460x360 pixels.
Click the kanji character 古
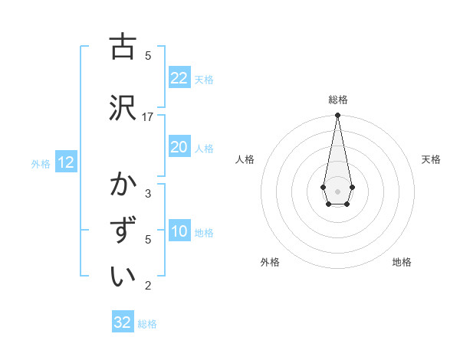point(123,47)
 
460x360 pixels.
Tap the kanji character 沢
point(123,107)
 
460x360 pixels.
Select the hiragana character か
point(123,185)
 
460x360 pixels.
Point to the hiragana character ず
point(123,231)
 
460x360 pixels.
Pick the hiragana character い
point(123,277)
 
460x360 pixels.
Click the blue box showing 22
point(179,78)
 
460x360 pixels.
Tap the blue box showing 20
point(179,147)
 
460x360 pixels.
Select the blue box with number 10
point(179,232)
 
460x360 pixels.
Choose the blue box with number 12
point(66,162)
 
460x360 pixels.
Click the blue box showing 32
point(123,322)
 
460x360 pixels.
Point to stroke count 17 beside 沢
point(148,117)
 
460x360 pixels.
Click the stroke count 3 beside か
point(148,193)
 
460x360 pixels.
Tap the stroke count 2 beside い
point(148,286)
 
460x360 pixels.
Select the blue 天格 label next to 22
point(204,79)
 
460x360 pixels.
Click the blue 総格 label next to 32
point(147,324)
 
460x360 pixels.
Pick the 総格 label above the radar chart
point(337,100)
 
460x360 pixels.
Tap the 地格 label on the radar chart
point(402,262)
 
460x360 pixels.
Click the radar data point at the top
point(337,116)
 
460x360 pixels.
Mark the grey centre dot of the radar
point(337,190)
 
